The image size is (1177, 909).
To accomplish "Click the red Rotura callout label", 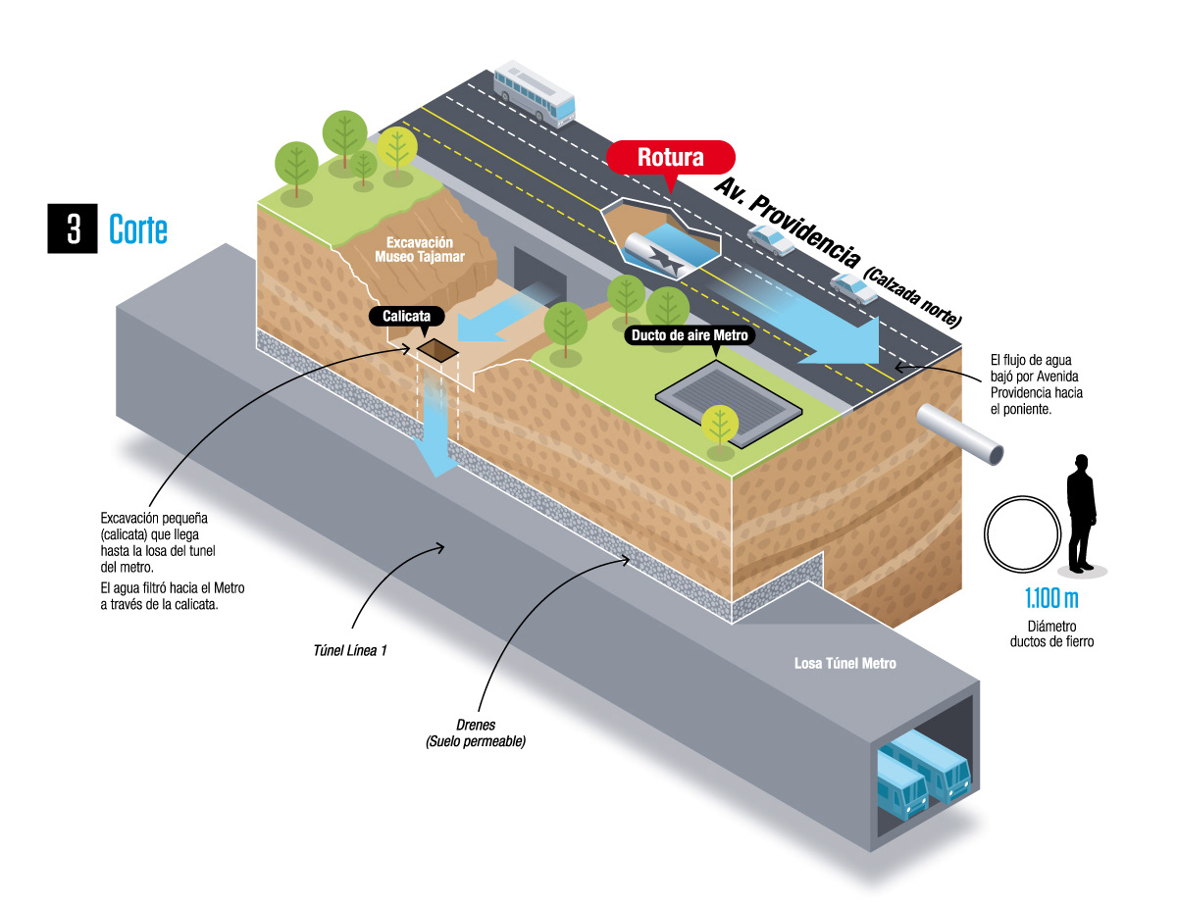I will coord(671,157).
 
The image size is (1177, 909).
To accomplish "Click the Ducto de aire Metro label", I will coord(690,335).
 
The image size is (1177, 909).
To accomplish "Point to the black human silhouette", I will coord(1080,512).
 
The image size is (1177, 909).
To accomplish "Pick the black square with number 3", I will coord(74,228).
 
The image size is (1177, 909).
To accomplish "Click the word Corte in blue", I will coord(138,229).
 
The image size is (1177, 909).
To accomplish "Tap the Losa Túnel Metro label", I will coord(844,663).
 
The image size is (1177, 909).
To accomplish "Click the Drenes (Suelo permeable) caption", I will coord(476,733).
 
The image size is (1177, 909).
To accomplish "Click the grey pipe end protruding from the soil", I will coord(963,433).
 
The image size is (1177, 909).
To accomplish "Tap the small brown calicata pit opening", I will coord(436,350).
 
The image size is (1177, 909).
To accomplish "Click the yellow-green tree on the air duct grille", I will coord(720,425).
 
